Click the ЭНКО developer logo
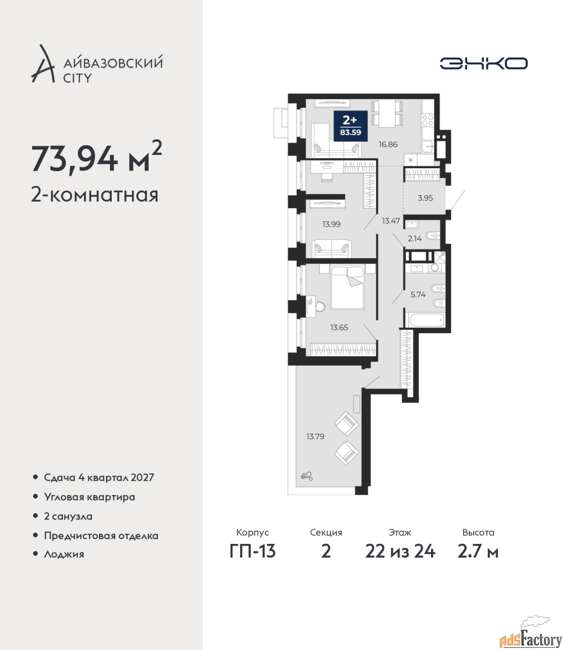[x=483, y=63]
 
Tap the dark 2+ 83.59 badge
[x=350, y=126]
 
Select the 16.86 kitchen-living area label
[x=388, y=144]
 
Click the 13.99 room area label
[x=332, y=224]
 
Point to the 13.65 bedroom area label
[x=339, y=328]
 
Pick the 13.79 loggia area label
[x=315, y=436]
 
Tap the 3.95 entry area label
[x=425, y=198]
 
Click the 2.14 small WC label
[x=415, y=238]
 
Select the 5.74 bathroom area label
[x=418, y=295]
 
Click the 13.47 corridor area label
[x=391, y=221]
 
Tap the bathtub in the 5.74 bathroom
[x=426, y=320]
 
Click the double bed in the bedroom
[x=347, y=287]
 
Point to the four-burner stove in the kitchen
[x=427, y=120]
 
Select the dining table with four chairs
[x=387, y=114]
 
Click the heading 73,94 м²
[x=97, y=157]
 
